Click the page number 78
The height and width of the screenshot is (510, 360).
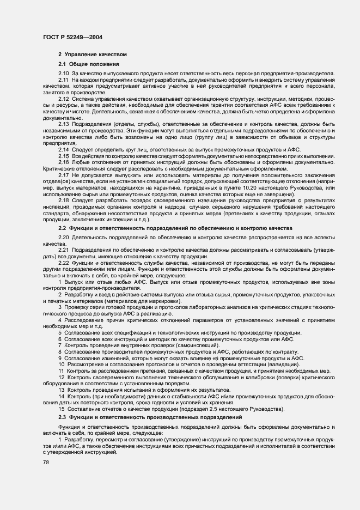[45, 462]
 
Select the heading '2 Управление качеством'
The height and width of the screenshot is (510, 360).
[93, 54]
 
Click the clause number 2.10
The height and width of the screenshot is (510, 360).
[64, 73]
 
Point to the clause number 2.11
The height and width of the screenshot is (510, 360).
[64, 80]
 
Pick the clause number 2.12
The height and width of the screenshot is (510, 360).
[64, 99]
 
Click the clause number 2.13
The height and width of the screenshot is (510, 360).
[64, 124]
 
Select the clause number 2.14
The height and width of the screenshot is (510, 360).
[64, 149]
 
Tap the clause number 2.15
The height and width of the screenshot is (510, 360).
[64, 156]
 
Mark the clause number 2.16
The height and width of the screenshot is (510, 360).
[64, 162]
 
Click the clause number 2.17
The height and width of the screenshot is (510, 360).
[64, 175]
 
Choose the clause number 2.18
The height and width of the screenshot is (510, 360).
[64, 201]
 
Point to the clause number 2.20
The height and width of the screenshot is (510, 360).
[64, 239]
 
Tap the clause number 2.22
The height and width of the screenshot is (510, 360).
[64, 264]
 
